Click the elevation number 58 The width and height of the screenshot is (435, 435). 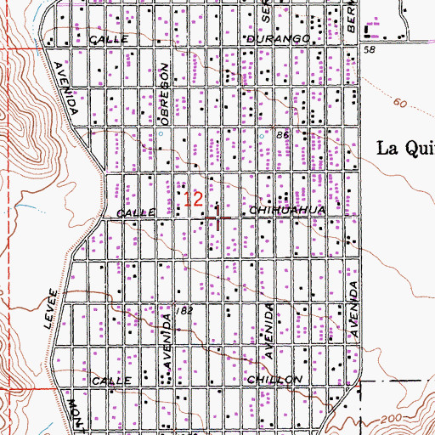pos(370,51)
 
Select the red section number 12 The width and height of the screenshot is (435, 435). pos(194,200)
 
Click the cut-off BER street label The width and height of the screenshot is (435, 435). pos(350,16)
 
